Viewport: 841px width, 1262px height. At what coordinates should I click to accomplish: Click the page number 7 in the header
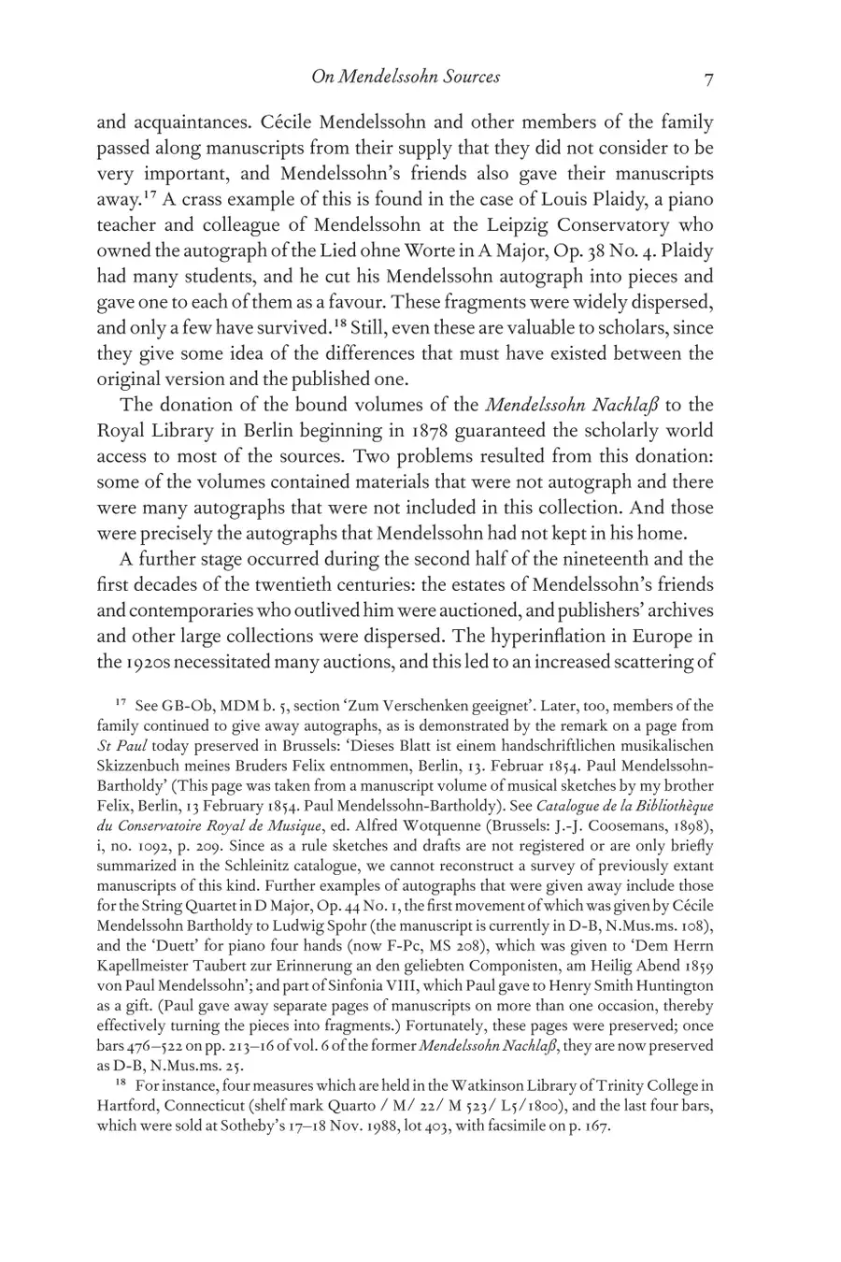click(708, 79)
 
